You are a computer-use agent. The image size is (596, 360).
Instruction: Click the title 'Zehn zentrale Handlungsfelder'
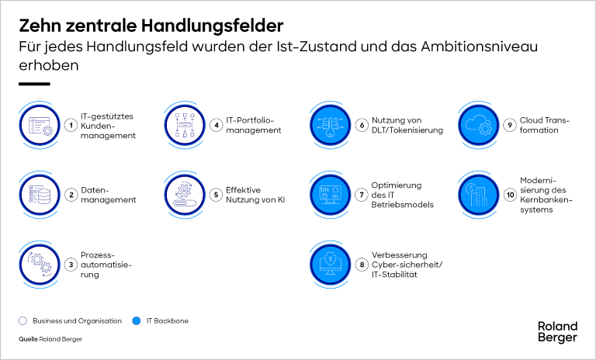click(x=151, y=26)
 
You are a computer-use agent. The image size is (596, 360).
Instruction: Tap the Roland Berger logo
click(x=557, y=331)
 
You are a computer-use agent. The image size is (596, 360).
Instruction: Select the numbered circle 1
click(x=71, y=125)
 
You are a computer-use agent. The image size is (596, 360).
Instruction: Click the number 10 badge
click(x=510, y=195)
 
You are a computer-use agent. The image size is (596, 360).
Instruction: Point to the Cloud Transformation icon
click(x=478, y=125)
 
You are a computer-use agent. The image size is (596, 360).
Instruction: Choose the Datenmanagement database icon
click(x=40, y=195)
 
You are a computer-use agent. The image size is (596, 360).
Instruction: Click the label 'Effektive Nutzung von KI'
click(x=255, y=195)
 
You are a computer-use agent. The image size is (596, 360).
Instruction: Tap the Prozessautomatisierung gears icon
click(x=40, y=265)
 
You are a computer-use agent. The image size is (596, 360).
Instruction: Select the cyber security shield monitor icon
click(x=330, y=265)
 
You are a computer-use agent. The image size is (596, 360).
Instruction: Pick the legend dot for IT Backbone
click(x=136, y=321)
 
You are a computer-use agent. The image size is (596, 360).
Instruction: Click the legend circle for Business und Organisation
click(x=23, y=321)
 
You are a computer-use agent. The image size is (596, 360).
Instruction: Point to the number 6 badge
click(x=362, y=125)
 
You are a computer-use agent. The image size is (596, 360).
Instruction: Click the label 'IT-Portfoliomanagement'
click(x=253, y=125)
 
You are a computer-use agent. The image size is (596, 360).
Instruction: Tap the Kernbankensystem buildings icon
click(x=478, y=195)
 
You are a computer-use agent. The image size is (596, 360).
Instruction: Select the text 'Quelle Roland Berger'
click(x=50, y=339)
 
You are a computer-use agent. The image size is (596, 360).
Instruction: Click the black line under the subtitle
click(x=34, y=84)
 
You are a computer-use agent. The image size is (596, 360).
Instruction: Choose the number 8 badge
click(x=362, y=265)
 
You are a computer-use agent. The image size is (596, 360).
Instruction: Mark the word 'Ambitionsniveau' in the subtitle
click(x=480, y=47)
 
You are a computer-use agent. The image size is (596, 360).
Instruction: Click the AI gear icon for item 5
click(x=185, y=195)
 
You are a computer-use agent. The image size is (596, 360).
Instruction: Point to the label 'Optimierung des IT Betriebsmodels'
click(x=402, y=195)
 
